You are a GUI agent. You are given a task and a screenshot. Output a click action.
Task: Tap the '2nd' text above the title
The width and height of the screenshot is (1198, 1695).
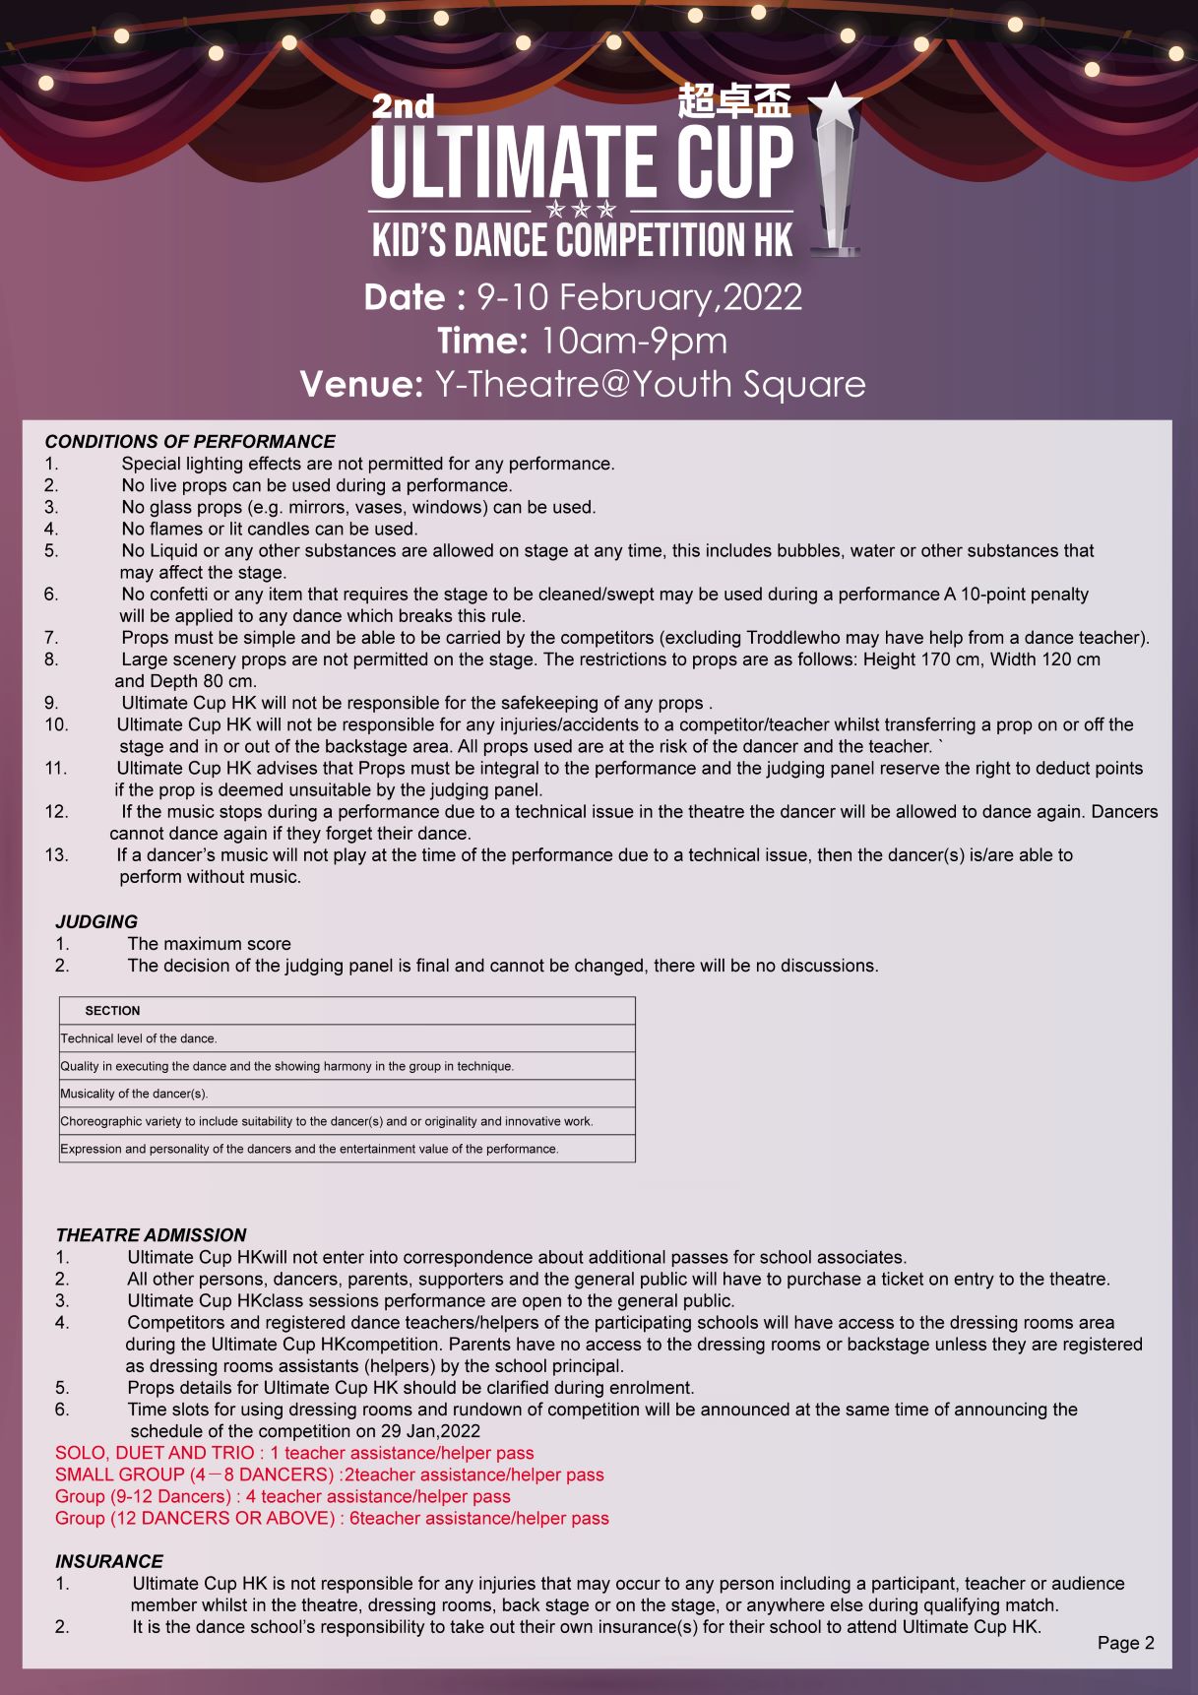coord(403,105)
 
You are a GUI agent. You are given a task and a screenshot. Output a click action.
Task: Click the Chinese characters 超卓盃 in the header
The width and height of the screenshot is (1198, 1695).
coord(734,101)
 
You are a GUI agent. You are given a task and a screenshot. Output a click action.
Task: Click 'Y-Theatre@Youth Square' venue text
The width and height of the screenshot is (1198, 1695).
coord(650,384)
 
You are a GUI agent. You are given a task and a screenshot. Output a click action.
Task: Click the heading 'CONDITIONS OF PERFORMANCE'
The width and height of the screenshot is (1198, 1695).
coord(190,442)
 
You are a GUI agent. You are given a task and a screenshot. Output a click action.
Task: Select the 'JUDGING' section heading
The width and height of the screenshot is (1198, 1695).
coord(96,922)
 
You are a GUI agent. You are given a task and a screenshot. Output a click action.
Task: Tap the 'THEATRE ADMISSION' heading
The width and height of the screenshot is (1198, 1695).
coord(151,1235)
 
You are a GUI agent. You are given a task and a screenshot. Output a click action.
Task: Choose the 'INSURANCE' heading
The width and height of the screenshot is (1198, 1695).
coord(109,1562)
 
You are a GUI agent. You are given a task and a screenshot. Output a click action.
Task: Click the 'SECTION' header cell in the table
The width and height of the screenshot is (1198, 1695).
coord(112,1011)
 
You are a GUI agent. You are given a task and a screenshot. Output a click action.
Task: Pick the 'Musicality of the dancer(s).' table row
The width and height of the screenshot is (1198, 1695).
coord(135,1094)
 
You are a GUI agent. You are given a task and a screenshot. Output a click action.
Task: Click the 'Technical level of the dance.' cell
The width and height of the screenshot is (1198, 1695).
coord(139,1038)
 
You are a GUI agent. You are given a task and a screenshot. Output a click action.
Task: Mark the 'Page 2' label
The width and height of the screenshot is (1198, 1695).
coord(1125,1643)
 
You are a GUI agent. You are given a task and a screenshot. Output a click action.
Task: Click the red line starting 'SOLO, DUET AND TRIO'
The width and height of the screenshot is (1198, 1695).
coord(294,1453)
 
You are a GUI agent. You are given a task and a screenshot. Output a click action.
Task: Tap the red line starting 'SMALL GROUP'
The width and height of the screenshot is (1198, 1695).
coord(329,1475)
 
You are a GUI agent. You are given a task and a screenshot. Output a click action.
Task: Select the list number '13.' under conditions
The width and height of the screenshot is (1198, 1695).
coord(56,855)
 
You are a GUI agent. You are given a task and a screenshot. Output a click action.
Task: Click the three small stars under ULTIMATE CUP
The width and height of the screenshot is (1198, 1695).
coord(581,210)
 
